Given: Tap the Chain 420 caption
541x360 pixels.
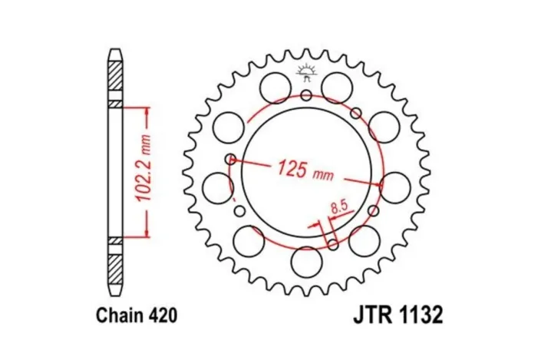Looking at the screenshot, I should (x=137, y=315).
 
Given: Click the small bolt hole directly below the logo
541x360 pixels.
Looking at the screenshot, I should (x=307, y=95).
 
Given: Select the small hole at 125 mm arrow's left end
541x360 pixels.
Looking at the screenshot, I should (x=231, y=160).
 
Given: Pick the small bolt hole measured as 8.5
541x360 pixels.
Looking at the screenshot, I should (x=332, y=244).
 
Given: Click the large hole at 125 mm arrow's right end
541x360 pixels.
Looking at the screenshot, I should (x=396, y=187).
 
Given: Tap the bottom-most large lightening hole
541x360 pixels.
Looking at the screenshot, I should (x=307, y=263).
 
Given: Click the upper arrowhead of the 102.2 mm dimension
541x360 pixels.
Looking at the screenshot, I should (x=144, y=109).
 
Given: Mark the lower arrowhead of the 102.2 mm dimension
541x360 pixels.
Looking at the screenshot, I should (x=144, y=235).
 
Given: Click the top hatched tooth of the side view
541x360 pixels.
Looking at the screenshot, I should (x=114, y=74).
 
